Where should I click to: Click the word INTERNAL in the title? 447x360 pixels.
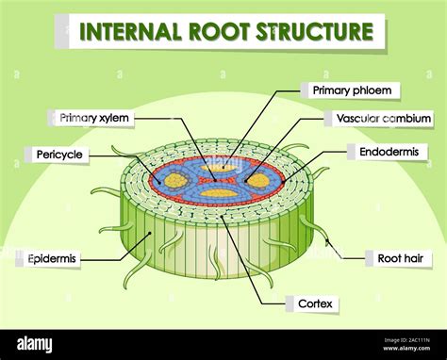point(128,32)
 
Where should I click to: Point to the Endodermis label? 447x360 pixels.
point(388,151)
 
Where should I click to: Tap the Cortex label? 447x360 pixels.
point(316,304)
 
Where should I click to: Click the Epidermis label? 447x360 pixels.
point(52,256)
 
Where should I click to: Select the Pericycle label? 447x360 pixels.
point(59,153)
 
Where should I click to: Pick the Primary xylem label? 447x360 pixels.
point(95,118)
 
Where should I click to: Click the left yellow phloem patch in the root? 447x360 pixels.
point(175,179)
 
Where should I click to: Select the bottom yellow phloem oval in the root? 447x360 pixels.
point(219,192)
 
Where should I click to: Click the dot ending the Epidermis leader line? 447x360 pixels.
point(150,234)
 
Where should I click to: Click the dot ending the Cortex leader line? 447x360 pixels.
point(224,215)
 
